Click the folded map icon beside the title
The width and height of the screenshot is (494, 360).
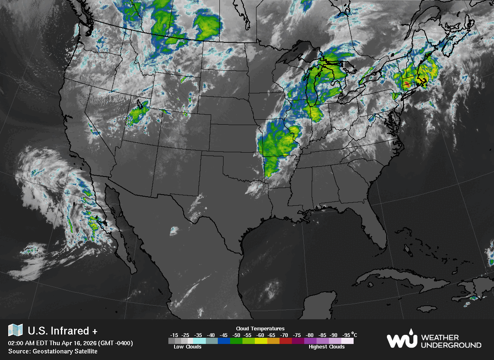point(15,330)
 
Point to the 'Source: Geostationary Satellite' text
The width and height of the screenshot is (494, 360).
point(53,351)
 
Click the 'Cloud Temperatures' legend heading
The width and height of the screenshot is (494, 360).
point(260,328)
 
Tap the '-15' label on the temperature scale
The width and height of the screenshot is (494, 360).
point(174,335)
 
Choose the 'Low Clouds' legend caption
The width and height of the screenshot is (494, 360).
point(188,347)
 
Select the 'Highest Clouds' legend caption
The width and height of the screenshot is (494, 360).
point(327,347)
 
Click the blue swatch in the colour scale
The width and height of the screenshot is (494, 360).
point(224,341)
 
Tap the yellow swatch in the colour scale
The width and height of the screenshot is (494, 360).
point(261,341)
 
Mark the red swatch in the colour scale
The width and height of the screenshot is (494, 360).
point(286,341)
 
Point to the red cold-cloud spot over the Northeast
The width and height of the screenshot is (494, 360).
point(407,84)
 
